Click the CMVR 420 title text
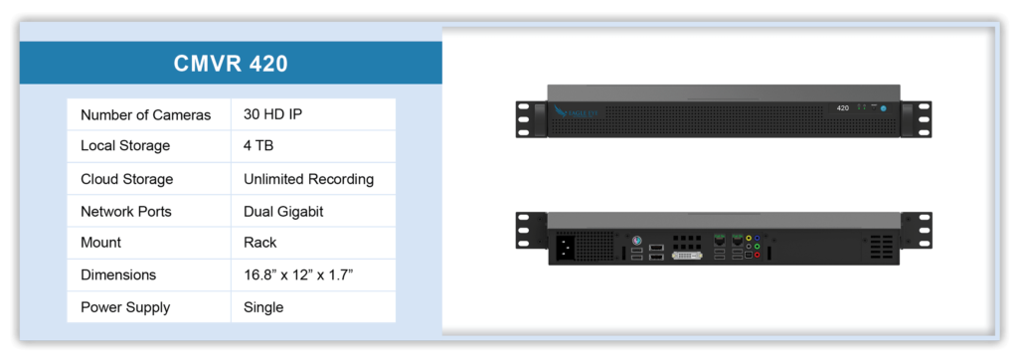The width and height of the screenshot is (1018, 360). [230, 64]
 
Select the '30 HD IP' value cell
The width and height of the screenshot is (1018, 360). [272, 114]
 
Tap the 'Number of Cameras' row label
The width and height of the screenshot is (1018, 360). [145, 114]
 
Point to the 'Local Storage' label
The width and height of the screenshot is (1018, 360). [125, 146]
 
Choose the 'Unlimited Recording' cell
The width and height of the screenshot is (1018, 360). [308, 179]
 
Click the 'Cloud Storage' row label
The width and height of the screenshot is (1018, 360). [126, 179]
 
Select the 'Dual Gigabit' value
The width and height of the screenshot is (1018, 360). [283, 212]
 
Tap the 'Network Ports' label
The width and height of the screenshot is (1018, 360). [126, 212]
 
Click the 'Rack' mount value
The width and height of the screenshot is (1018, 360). [260, 243]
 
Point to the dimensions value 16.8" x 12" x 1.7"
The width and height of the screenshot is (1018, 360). [298, 274]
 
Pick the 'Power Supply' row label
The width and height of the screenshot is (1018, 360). [124, 307]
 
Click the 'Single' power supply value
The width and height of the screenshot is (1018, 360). [263, 307]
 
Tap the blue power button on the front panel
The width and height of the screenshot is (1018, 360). [883, 107]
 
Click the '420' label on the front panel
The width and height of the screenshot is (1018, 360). [842, 107]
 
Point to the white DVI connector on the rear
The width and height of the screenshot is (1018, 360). [686, 255]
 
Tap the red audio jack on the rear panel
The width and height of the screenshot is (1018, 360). [758, 255]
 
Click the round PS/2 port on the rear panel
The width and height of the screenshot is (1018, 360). [636, 239]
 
